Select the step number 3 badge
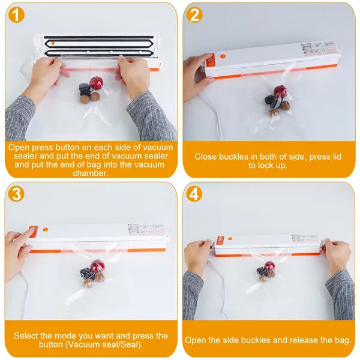(x=17, y=194)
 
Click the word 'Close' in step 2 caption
(x=206, y=157)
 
